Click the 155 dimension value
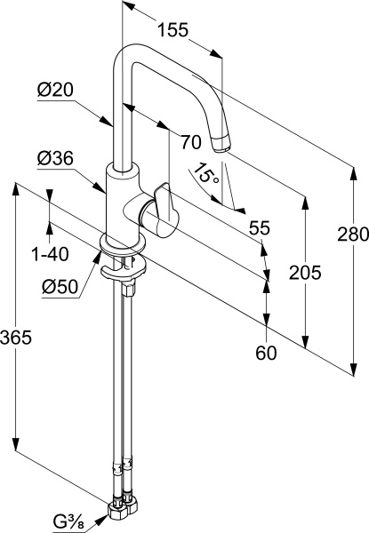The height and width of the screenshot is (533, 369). [172, 30]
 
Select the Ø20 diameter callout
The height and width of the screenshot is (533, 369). [55, 90]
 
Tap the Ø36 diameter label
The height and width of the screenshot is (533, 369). [55, 158]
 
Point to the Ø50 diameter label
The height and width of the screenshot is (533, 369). [60, 287]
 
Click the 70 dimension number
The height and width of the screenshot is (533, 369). [191, 142]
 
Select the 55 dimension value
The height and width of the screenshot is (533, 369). [259, 228]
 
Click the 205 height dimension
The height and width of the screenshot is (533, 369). [305, 273]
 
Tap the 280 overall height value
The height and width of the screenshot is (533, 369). [353, 235]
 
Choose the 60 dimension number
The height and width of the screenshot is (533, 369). [266, 354]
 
